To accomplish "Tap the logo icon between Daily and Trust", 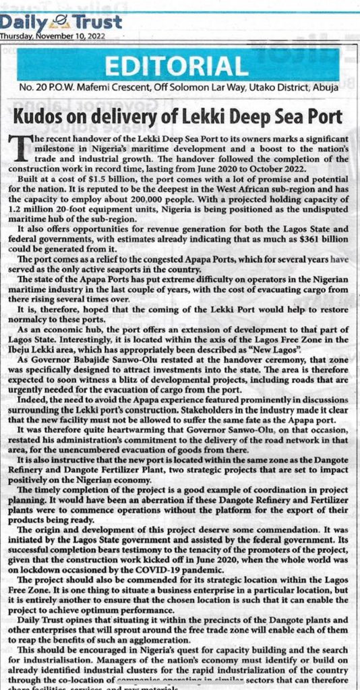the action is [x=55, y=22].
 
